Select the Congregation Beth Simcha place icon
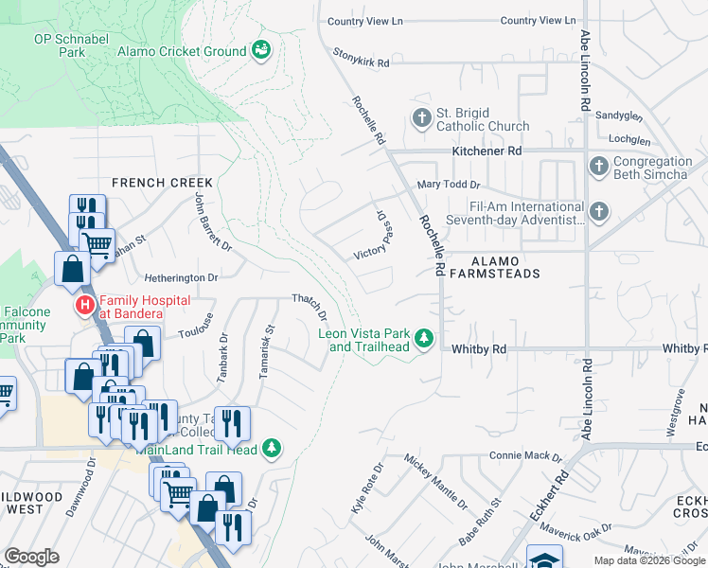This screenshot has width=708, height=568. pos(597,167)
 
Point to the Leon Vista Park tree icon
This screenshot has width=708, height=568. pos(425,338)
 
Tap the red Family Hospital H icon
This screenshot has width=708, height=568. pos(84,306)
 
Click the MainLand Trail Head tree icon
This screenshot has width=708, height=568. pos(273,448)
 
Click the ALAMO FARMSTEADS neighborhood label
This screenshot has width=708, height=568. pos(492,266)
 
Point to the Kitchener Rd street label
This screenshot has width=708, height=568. pos(487,151)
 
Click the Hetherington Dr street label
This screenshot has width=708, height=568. pos(181,278)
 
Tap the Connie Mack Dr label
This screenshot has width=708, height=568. pos(520,455)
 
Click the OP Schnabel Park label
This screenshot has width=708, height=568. pos(72,44)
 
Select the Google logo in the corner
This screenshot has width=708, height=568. pos(31,557)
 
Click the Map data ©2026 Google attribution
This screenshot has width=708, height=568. pos(648,560)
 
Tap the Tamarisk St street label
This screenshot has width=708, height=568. pos(267,352)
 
